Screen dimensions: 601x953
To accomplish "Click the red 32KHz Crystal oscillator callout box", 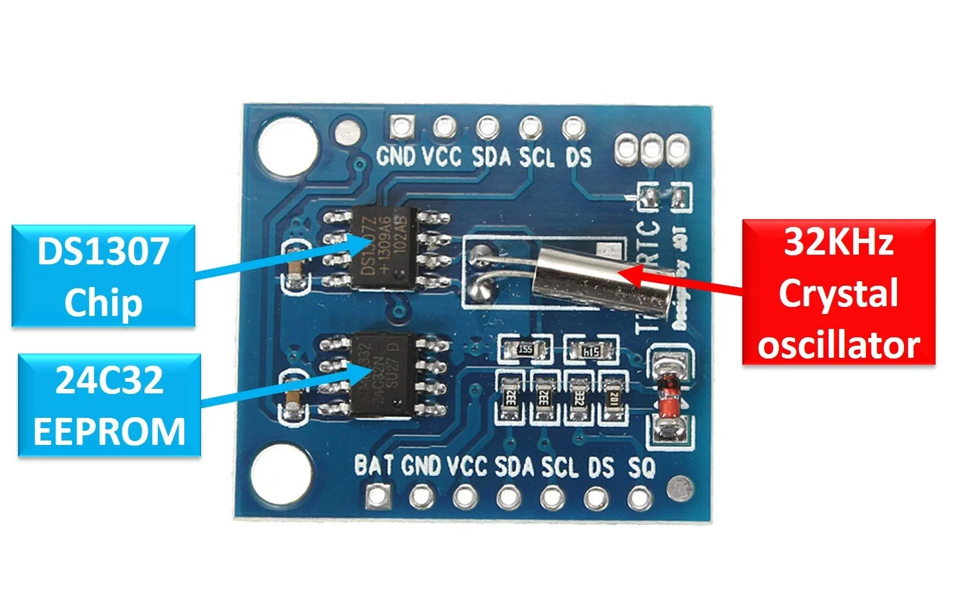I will point(838,292).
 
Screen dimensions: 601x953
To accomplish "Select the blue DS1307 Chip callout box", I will point(103,276).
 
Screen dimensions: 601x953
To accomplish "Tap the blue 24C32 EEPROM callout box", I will point(109,406).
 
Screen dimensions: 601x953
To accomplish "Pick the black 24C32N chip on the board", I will point(382,374).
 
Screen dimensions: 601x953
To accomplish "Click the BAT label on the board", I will point(374,465).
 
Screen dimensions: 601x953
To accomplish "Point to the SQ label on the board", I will point(641,467).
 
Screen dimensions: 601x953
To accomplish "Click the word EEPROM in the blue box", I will point(109,431).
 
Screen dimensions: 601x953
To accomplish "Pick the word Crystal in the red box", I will point(838,293).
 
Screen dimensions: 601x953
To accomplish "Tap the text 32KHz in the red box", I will point(838,242).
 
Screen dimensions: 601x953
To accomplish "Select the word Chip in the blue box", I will point(103,302).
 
